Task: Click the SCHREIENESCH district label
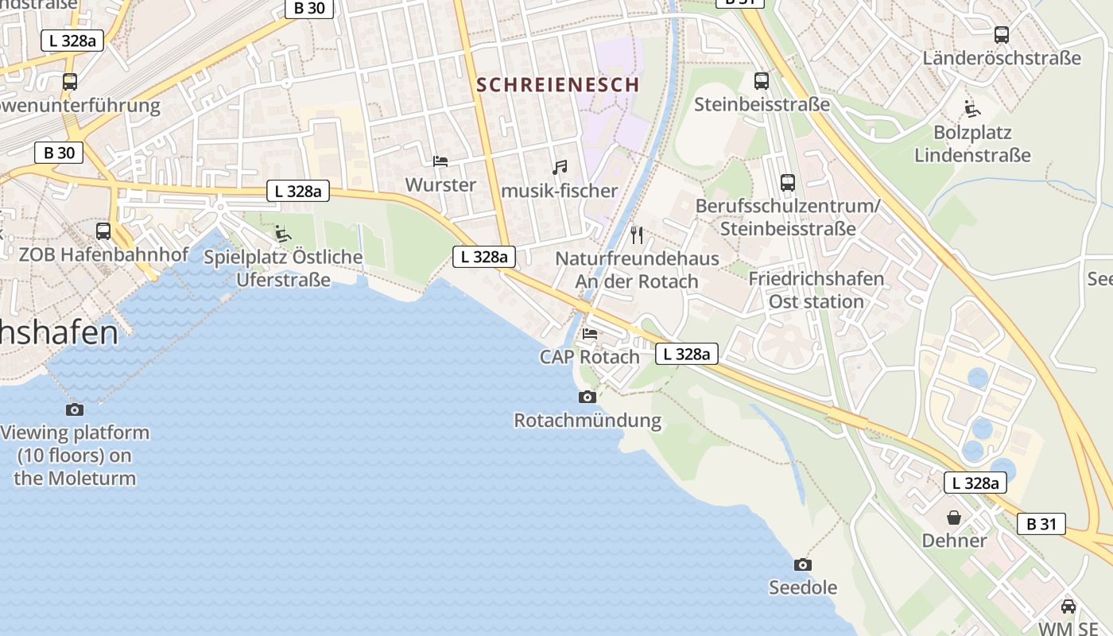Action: point(557,84)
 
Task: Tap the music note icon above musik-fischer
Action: point(560,168)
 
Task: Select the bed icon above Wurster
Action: point(440,161)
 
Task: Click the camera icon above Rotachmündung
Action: point(587,397)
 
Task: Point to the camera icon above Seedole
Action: point(803,564)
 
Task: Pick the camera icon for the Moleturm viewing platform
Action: point(75,409)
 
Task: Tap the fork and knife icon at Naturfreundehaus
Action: point(636,235)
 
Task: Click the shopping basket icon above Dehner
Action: point(954,518)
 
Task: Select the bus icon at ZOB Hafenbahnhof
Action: point(103,231)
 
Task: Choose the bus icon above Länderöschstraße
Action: point(1002,35)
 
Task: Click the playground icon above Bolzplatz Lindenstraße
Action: point(971,108)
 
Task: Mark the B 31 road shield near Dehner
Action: point(1041,524)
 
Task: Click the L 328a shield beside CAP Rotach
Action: point(687,354)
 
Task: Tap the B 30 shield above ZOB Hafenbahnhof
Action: point(59,153)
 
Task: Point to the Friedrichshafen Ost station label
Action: point(816,290)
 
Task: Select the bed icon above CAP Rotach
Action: point(590,333)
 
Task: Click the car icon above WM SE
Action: point(1068,606)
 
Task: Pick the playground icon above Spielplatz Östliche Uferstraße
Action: point(282,233)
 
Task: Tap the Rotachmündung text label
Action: point(588,421)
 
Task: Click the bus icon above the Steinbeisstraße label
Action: point(762,80)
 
